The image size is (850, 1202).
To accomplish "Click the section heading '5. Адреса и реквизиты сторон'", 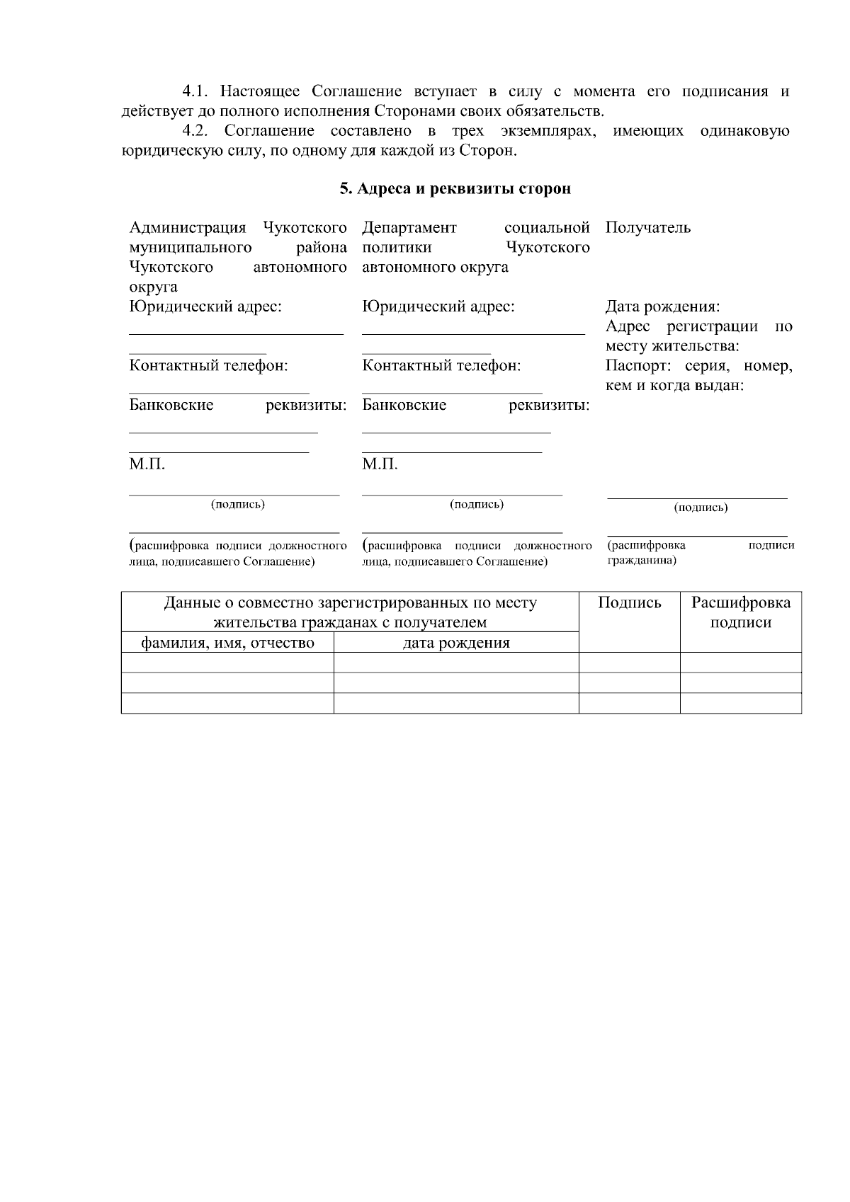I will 455,189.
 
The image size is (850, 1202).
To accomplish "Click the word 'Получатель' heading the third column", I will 647,228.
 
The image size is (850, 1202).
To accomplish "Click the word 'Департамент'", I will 409,228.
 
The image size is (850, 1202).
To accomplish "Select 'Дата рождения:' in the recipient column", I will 662,307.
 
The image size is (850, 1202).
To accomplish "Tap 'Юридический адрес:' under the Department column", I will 438,307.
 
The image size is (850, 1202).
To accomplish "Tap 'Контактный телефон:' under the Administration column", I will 208,366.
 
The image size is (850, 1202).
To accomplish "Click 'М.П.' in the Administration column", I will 147,464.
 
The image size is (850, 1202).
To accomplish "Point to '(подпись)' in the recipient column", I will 700,508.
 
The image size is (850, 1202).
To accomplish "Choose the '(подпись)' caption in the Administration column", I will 237,505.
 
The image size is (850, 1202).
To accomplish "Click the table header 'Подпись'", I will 629,603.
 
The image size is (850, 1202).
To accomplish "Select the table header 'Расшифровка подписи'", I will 740,612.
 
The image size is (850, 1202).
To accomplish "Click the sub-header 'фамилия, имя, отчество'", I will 227,643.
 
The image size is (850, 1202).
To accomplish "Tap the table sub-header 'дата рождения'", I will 455,643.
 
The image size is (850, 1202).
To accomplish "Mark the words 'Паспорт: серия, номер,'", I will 698,366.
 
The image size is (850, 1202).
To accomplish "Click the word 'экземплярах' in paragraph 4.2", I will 544,131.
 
